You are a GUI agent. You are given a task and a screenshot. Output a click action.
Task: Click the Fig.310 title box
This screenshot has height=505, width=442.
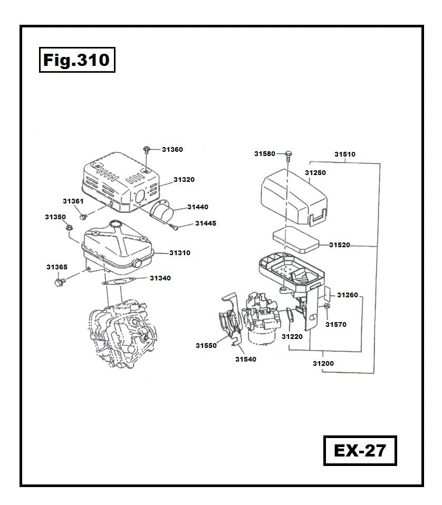click(76, 60)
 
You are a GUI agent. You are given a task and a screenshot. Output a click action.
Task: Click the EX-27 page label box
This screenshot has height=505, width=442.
click(360, 451)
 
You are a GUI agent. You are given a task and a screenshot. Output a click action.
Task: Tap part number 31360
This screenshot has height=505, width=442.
click(172, 150)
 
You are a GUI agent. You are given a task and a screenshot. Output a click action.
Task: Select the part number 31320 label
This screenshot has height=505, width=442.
click(184, 180)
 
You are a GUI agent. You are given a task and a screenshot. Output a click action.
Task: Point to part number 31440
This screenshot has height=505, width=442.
click(197, 207)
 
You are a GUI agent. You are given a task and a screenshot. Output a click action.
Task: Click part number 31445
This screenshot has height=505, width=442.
click(205, 224)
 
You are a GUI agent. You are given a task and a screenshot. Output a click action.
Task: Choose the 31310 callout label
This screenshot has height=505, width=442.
click(179, 253)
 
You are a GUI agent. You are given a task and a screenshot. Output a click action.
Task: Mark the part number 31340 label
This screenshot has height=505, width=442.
click(160, 278)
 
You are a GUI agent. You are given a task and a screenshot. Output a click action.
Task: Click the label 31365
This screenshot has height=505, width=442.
click(56, 267)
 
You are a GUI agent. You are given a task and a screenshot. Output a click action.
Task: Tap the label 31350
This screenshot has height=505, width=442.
click(55, 217)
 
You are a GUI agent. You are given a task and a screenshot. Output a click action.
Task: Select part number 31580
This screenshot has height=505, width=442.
click(264, 154)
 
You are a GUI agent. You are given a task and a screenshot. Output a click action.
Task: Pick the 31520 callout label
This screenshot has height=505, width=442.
click(340, 245)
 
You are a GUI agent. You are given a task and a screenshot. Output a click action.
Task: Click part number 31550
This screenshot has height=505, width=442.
click(206, 346)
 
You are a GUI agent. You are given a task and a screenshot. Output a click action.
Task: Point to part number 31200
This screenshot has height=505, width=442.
click(323, 364)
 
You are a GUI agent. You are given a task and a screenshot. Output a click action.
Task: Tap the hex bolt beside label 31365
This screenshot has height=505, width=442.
click(59, 284)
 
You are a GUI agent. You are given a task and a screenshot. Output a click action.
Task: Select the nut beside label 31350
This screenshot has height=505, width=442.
click(69, 228)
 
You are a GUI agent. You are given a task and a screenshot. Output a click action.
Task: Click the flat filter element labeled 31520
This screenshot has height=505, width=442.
click(296, 240)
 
